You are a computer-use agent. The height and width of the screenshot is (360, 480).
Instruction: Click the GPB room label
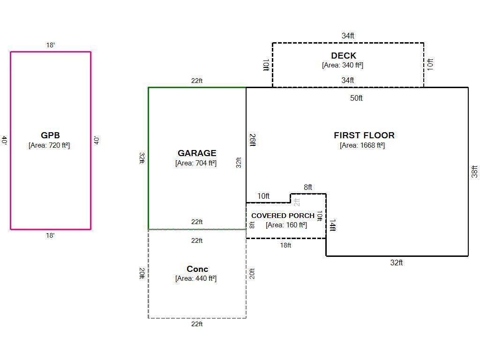click(50, 135)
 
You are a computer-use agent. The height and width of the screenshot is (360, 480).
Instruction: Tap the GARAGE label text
click(197, 153)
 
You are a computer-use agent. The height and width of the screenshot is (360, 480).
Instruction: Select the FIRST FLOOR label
click(364, 135)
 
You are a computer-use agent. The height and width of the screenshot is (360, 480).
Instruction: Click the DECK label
click(344, 56)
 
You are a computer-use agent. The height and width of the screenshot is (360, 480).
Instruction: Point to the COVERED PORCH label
click(283, 216)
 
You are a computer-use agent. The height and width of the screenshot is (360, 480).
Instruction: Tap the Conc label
click(197, 269)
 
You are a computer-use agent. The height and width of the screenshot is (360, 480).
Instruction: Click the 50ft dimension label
click(356, 98)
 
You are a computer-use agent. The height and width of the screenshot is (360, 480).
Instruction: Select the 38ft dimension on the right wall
click(474, 172)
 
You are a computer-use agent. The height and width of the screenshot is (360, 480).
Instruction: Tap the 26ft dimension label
click(253, 140)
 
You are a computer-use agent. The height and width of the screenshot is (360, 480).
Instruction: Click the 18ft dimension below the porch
click(285, 245)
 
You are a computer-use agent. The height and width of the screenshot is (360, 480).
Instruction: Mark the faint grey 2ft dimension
click(297, 202)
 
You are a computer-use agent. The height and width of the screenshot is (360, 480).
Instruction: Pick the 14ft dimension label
click(332, 225)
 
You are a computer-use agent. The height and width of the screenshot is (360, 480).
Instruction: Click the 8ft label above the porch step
click(308, 187)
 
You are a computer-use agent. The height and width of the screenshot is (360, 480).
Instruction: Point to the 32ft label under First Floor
click(397, 262)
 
